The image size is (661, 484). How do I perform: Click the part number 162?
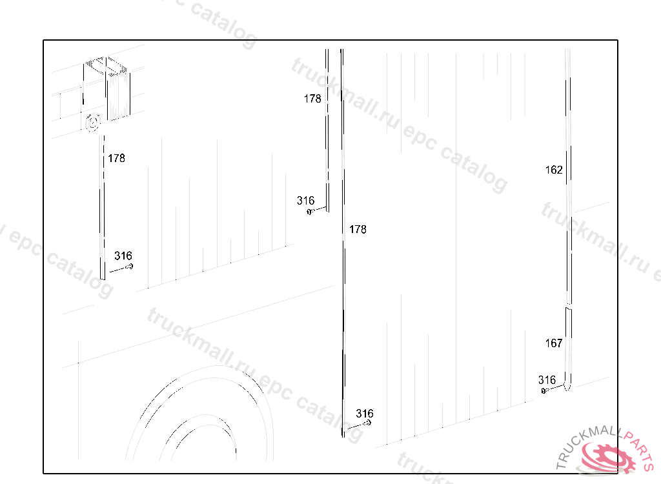(553, 170)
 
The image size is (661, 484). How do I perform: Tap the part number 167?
(553, 343)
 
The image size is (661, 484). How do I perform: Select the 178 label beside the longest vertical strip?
(358, 229)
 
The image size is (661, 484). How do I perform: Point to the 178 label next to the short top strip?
(312, 99)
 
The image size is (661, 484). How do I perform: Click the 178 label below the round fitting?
(116, 158)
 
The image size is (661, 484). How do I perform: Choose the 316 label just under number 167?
(547, 380)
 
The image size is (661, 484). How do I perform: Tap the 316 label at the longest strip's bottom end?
(364, 414)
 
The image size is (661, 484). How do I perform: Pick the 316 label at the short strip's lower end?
(305, 201)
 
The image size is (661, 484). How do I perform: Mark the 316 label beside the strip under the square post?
(123, 256)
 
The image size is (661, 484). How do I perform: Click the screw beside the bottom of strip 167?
(544, 391)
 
